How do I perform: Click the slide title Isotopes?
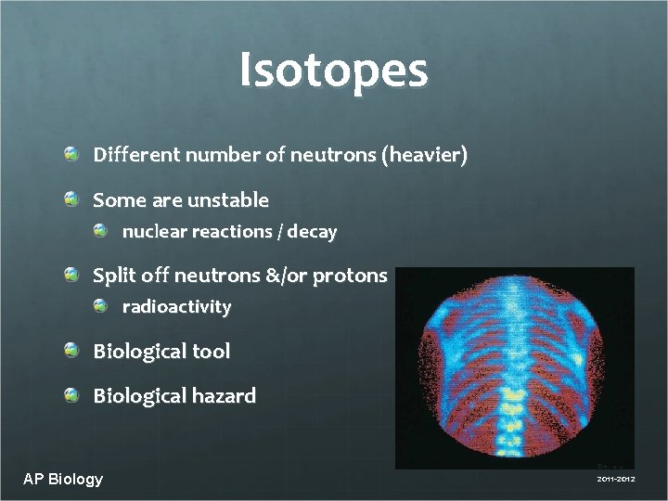pyautogui.click(x=333, y=71)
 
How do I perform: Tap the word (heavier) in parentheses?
pyautogui.click(x=424, y=156)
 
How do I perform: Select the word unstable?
pyautogui.click(x=227, y=200)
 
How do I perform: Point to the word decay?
pyautogui.click(x=312, y=232)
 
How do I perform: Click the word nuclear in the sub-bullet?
pyautogui.click(x=154, y=232)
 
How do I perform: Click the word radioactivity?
pyautogui.click(x=176, y=307)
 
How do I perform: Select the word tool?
pyautogui.click(x=211, y=352)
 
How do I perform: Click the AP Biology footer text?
pyautogui.click(x=63, y=479)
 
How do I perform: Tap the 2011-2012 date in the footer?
pyautogui.click(x=615, y=480)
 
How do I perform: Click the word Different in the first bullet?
pyautogui.click(x=136, y=156)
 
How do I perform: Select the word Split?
pyautogui.click(x=111, y=276)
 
